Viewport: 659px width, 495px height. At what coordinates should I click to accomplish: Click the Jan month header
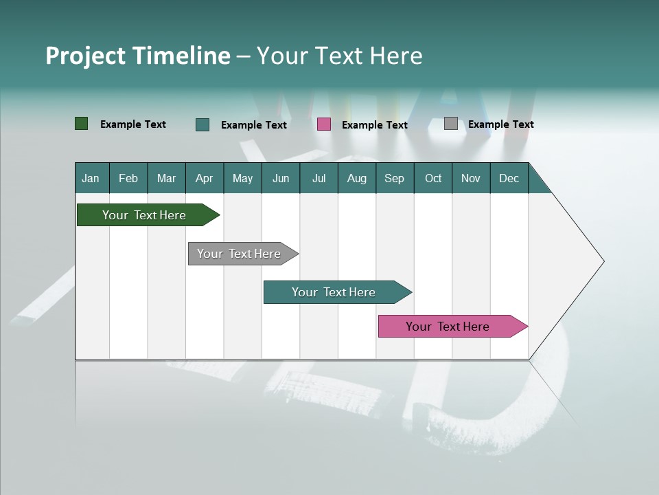91,178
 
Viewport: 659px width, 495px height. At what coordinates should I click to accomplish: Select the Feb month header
128,178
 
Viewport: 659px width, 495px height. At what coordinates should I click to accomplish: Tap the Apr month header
204,178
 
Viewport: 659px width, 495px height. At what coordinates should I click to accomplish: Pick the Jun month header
281,178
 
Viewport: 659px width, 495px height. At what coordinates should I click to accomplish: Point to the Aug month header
356,178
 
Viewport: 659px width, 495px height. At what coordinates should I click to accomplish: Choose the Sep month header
394,178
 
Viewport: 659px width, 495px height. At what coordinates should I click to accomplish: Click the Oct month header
433,178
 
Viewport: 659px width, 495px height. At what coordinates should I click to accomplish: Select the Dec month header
509,178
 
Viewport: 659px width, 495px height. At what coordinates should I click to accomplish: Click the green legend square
82,124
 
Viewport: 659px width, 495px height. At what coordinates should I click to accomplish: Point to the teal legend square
203,124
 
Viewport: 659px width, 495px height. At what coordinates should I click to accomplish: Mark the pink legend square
324,124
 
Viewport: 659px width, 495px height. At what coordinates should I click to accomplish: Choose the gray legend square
451,124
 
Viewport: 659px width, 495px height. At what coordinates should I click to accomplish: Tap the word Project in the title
85,56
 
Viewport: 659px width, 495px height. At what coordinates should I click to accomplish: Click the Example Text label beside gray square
500,124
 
